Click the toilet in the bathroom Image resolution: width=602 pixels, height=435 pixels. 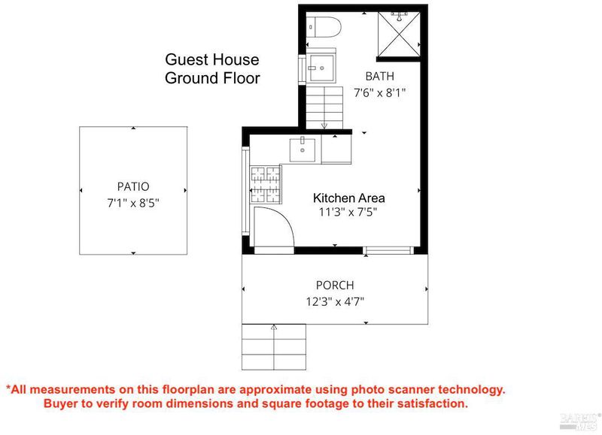pyautogui.click(x=324, y=27)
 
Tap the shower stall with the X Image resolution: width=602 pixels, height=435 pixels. pyautogui.click(x=400, y=34)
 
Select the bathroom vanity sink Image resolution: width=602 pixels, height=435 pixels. pyautogui.click(x=321, y=68)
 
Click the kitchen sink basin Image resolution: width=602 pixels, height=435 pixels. pyautogui.click(x=303, y=150)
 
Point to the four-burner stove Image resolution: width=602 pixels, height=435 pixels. pyautogui.click(x=266, y=185)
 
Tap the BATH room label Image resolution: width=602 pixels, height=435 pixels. pyautogui.click(x=380, y=77)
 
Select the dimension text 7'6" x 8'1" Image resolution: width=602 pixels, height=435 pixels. pyautogui.click(x=380, y=92)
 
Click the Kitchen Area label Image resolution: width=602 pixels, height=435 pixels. pyautogui.click(x=349, y=198)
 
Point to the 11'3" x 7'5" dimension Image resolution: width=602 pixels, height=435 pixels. pyautogui.click(x=348, y=212)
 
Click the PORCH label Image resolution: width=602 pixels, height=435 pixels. pyautogui.click(x=335, y=285)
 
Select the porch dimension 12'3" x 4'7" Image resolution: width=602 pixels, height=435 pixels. pyautogui.click(x=335, y=302)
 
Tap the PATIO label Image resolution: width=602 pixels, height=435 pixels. pyautogui.click(x=133, y=186)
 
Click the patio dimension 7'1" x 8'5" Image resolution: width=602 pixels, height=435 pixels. pyautogui.click(x=133, y=203)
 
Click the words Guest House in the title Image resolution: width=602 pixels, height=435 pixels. pyautogui.click(x=212, y=60)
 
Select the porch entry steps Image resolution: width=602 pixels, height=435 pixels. pyautogui.click(x=274, y=347)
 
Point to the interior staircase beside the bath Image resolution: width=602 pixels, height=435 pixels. pyautogui.click(x=324, y=107)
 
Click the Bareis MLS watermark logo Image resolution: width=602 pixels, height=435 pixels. pyautogui.click(x=580, y=421)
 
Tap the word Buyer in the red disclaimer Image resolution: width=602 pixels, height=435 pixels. pyautogui.click(x=61, y=403)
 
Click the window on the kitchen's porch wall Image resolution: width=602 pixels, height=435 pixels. pyautogui.click(x=388, y=251)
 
